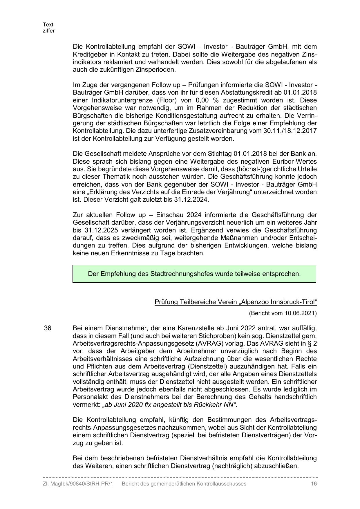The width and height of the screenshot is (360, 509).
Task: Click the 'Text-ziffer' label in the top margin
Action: (49, 28)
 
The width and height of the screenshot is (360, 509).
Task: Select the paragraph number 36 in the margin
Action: (48, 328)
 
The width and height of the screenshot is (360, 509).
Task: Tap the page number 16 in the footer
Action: (314, 484)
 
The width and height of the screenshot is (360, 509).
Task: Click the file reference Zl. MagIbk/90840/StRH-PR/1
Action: (78, 484)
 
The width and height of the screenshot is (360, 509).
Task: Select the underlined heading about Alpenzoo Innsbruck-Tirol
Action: (236, 302)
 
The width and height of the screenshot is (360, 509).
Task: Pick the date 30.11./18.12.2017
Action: (290, 131)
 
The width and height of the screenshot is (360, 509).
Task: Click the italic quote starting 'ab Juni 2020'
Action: (169, 405)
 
